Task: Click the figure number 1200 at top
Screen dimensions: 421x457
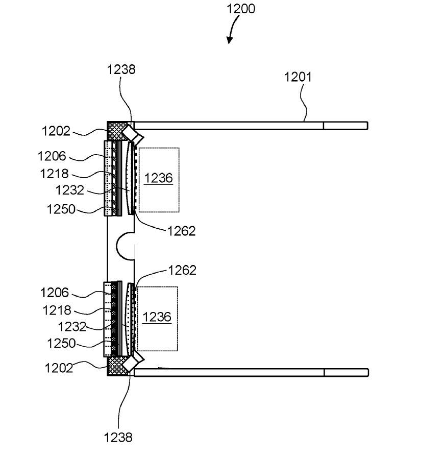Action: [241, 9]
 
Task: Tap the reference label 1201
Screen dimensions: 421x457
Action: [298, 77]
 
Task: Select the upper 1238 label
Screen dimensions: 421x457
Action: [121, 69]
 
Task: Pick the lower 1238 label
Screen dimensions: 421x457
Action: [118, 438]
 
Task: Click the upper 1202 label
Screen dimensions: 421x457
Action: [56, 131]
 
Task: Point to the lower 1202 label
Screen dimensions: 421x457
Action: [59, 368]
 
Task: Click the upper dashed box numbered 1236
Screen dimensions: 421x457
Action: [159, 180]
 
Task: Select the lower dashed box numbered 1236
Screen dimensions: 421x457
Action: [157, 319]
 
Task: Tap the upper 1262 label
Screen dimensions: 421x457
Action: [181, 231]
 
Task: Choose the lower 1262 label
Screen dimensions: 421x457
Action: [182, 270]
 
